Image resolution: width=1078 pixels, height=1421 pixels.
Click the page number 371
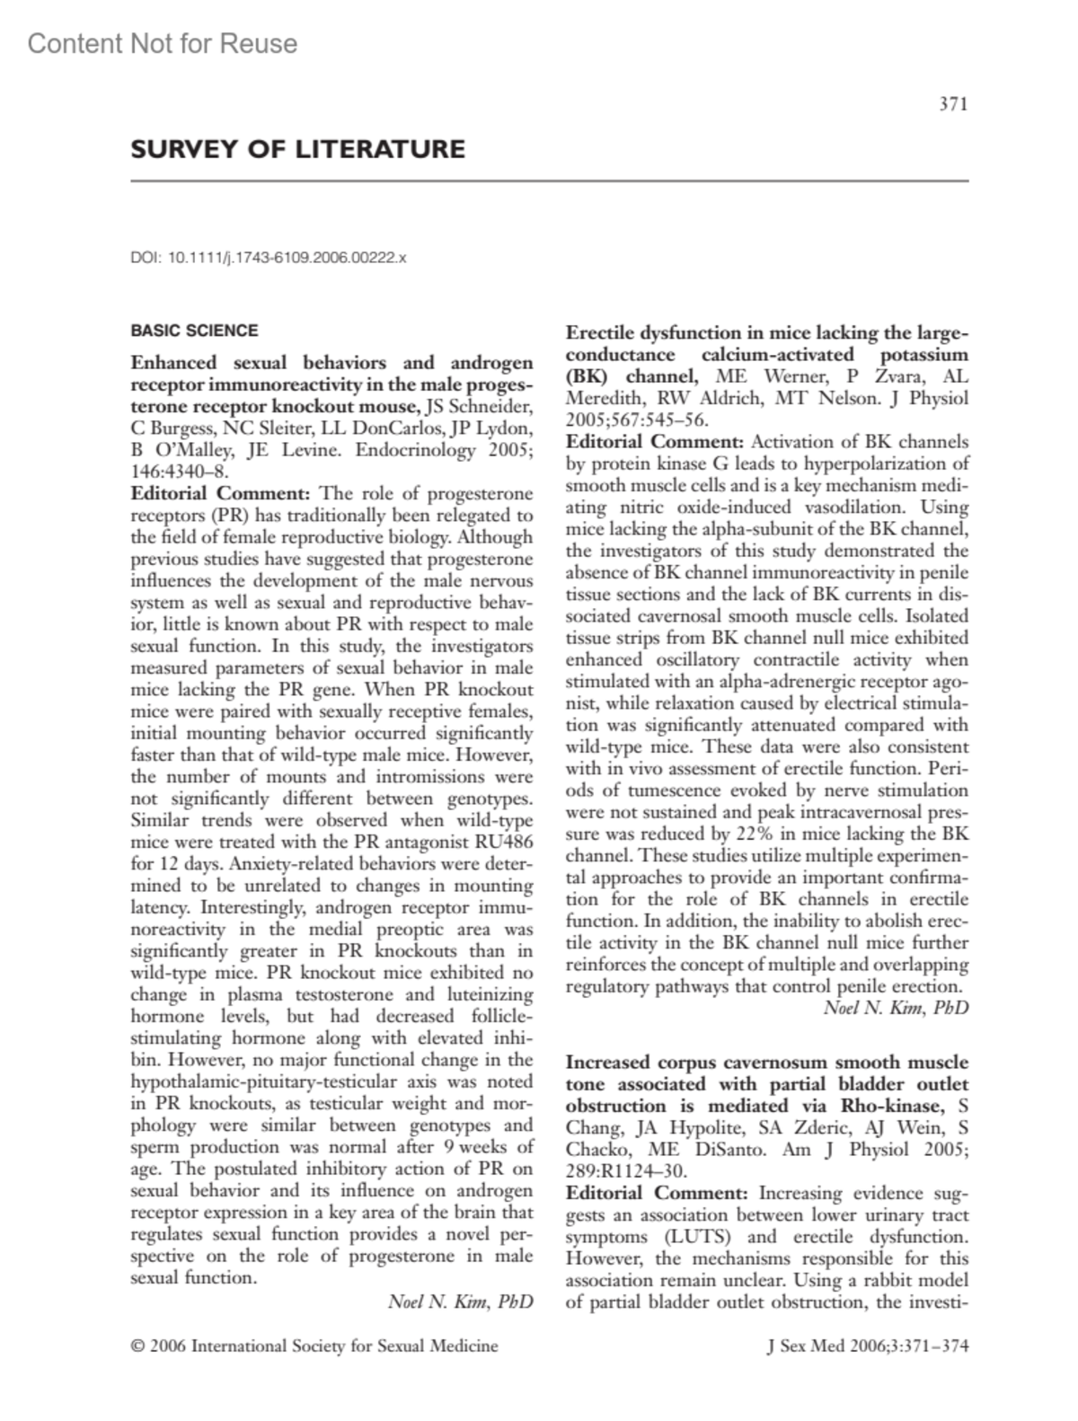953,105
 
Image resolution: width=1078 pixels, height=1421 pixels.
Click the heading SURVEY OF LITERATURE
297,149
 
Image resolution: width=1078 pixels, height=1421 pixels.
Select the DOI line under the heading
269,258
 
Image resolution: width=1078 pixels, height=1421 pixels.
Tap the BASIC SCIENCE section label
194,331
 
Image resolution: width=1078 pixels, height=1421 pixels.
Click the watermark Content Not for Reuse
163,43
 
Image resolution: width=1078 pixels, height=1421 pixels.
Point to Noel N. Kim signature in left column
460,1301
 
